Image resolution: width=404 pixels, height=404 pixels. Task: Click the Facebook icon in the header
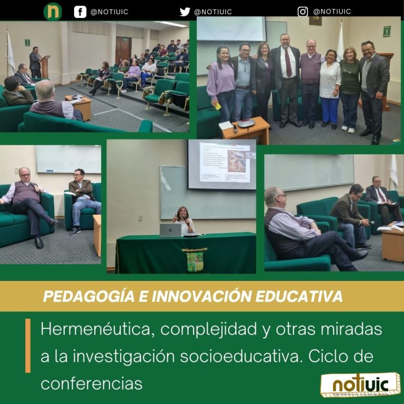click(80, 11)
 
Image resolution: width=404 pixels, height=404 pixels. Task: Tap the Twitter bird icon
click(185, 12)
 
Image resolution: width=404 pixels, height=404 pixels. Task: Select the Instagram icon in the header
click(302, 12)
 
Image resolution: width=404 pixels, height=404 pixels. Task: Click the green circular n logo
click(53, 11)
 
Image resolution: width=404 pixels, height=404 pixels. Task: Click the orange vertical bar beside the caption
click(28, 345)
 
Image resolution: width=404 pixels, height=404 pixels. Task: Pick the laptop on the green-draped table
click(170, 230)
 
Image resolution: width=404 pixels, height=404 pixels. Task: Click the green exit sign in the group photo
click(387, 31)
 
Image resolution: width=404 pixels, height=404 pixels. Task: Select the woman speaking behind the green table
click(184, 220)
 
